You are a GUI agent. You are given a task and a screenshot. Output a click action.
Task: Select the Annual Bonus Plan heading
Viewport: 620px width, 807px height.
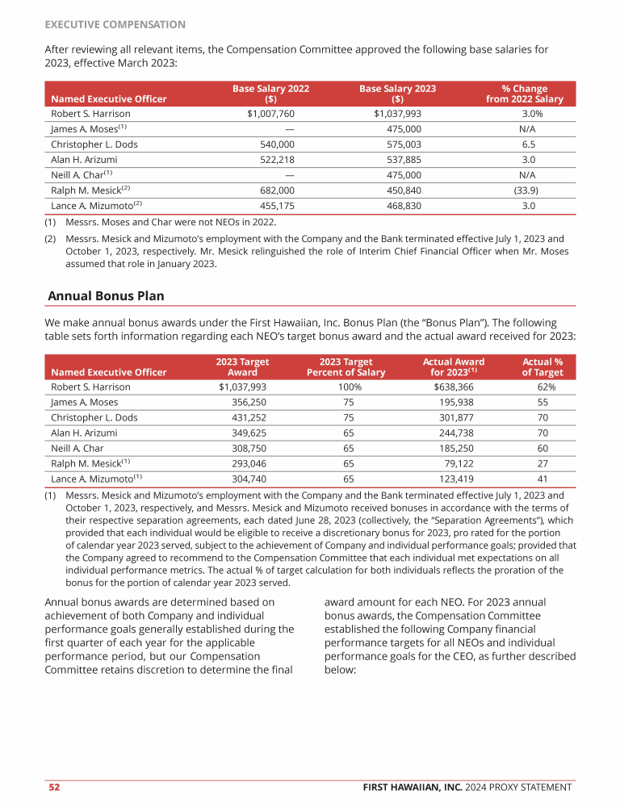point(106,296)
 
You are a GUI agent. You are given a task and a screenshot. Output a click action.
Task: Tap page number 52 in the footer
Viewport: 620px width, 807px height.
point(52,787)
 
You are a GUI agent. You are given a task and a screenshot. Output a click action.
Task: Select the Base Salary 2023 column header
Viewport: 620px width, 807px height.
point(397,94)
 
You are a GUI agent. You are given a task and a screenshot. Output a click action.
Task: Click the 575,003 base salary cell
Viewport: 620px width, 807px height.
point(404,144)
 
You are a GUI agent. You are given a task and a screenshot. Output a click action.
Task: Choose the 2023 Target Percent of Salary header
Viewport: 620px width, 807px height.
point(346,367)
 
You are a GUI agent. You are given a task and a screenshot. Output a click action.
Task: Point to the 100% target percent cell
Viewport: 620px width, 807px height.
point(350,387)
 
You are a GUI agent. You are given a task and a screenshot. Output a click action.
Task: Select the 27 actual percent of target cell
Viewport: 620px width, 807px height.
point(542,463)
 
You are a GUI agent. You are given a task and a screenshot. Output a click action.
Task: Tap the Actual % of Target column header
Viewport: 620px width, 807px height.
point(542,367)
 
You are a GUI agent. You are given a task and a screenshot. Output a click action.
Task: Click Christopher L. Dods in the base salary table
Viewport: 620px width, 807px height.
point(94,144)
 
